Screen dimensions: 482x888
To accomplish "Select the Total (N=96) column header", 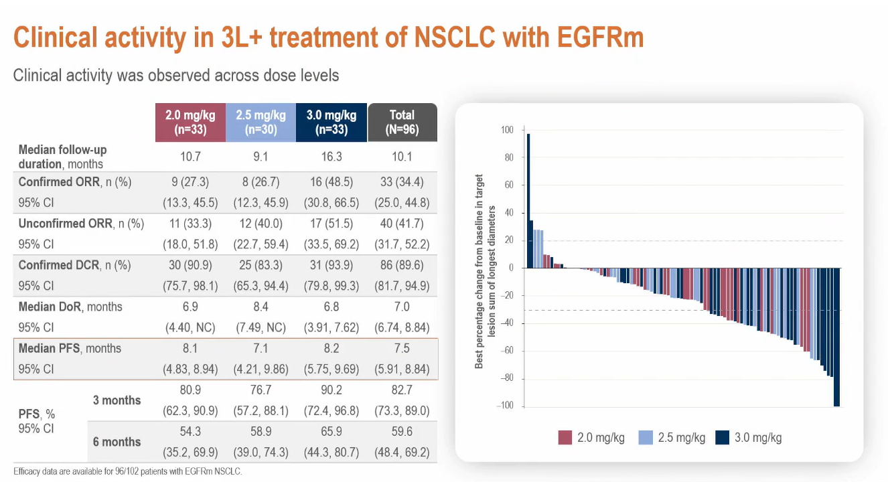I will (402, 123).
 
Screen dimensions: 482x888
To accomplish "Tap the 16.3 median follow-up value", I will (331, 157).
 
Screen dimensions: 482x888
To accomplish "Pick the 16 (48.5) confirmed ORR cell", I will (331, 182).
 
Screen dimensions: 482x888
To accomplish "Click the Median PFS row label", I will (70, 348).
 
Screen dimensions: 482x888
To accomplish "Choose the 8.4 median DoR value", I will (261, 307).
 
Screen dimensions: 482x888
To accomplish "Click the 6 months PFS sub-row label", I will (117, 442).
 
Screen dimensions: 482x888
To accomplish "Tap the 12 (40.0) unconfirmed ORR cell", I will (261, 224).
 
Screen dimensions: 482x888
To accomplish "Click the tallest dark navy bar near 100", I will (528, 201).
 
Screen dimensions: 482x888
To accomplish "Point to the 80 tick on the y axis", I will (509, 158).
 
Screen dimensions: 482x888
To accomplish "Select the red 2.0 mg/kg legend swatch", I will (565, 438).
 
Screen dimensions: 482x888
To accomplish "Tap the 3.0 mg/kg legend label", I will (757, 438).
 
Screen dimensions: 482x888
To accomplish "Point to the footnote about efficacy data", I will (127, 471).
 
